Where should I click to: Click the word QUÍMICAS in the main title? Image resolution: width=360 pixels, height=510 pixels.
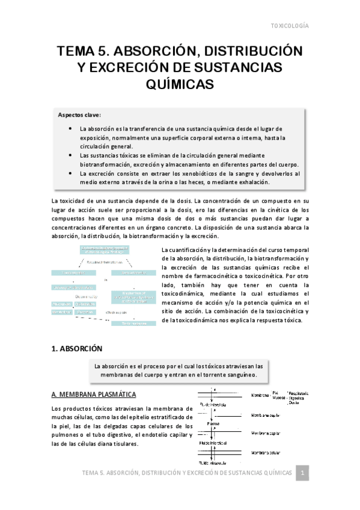(180, 85)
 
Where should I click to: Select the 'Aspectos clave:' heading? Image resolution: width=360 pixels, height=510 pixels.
(79, 114)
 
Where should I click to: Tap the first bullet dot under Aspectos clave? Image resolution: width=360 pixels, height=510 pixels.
(71, 128)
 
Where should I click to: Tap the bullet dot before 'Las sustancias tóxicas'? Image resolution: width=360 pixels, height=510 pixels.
(71, 155)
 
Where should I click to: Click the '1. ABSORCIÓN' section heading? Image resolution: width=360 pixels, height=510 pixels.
(77, 348)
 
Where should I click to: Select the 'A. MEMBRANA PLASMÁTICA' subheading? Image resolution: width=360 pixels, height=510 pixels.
(94, 395)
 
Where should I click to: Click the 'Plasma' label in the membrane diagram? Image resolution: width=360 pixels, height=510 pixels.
(213, 423)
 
